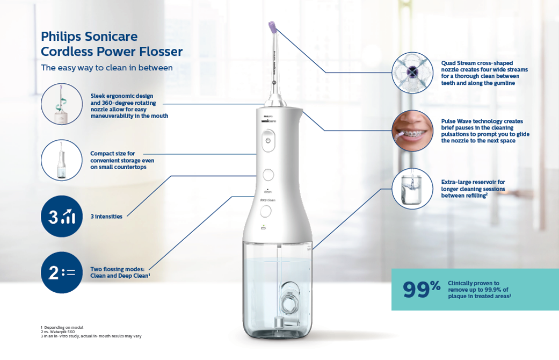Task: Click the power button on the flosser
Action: coord(268,141)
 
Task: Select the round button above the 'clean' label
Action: coord(268,175)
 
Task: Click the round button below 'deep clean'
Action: coord(266,211)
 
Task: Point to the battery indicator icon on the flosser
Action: coord(264,227)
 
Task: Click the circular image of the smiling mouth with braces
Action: coord(412,130)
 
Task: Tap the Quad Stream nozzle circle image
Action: coord(412,73)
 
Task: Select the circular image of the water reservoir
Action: coord(412,189)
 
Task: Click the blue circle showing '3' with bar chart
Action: coord(62,216)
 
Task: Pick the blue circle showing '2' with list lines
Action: coord(62,272)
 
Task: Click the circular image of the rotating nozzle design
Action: coord(62,104)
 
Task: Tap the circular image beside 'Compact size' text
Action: coord(62,160)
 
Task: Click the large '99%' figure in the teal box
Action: coord(422,289)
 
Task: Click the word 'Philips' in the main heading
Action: coord(61,37)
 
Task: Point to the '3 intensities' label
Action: coord(106,217)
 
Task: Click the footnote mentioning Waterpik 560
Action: coord(58,332)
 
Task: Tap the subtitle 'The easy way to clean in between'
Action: coord(107,68)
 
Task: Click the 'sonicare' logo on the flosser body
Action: coord(268,121)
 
